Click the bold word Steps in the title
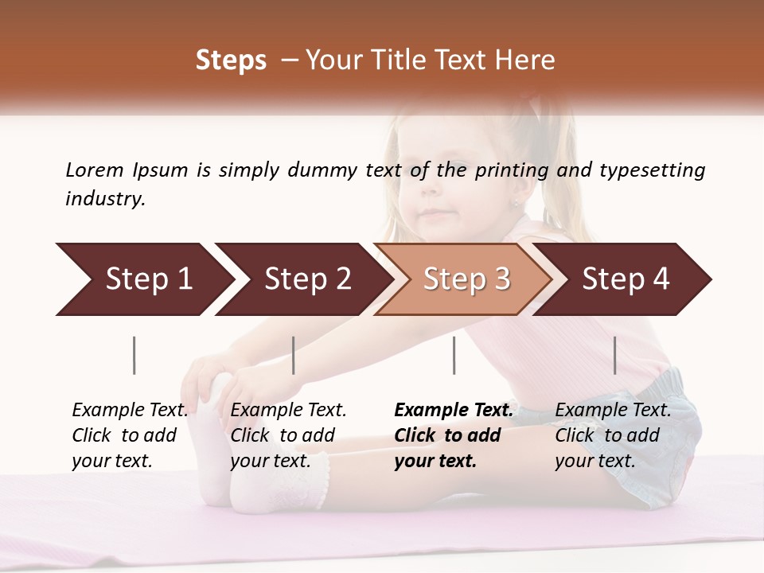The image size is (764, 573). pos(231,60)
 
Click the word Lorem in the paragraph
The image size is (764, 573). pos(94,170)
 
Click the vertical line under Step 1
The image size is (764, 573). pos(134,355)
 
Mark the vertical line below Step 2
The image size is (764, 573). pos(294,355)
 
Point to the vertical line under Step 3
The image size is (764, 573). pos(454,355)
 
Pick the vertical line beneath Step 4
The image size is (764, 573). pos(614,355)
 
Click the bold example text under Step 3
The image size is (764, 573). pos(454,435)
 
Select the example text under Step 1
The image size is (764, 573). pos(130,435)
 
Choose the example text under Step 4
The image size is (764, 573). pos(613,435)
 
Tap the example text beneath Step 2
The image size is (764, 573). pos(288,435)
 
